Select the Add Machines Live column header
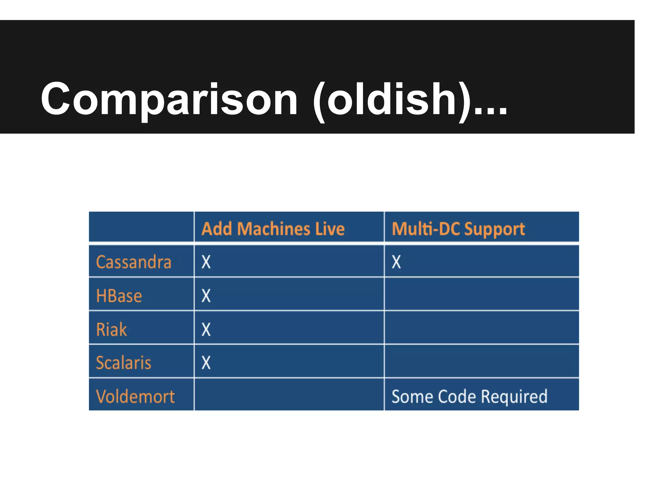(273, 229)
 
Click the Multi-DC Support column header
(458, 229)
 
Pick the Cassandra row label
(134, 262)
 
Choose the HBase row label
(119, 296)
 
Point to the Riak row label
(111, 329)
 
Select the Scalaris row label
(124, 363)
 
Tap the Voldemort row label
(135, 397)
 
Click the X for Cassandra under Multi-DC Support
(396, 262)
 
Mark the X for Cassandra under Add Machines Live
(206, 262)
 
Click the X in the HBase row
(206, 296)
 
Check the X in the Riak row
(206, 329)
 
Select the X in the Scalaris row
(206, 362)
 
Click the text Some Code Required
(469, 397)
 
